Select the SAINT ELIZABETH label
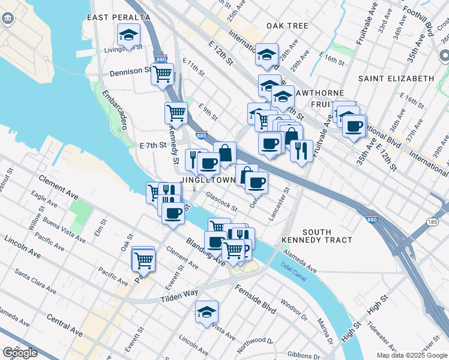pyautogui.click(x=396, y=79)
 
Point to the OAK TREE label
pyautogui.click(x=288, y=26)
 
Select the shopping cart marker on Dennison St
pyautogui.click(x=162, y=74)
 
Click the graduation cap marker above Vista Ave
pyautogui.click(x=206, y=311)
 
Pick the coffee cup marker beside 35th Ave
pyautogui.click(x=354, y=126)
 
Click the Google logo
pyautogui.click(x=20, y=353)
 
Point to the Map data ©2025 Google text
pyautogui.click(x=412, y=355)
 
